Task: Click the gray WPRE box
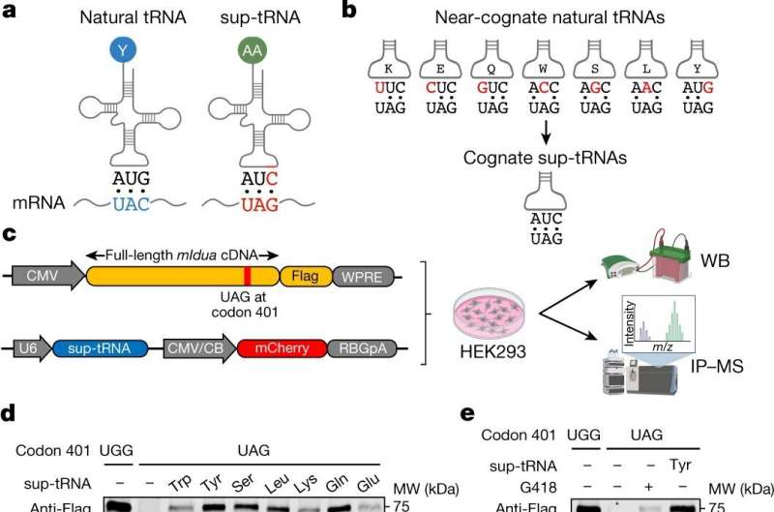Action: [x=359, y=279]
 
